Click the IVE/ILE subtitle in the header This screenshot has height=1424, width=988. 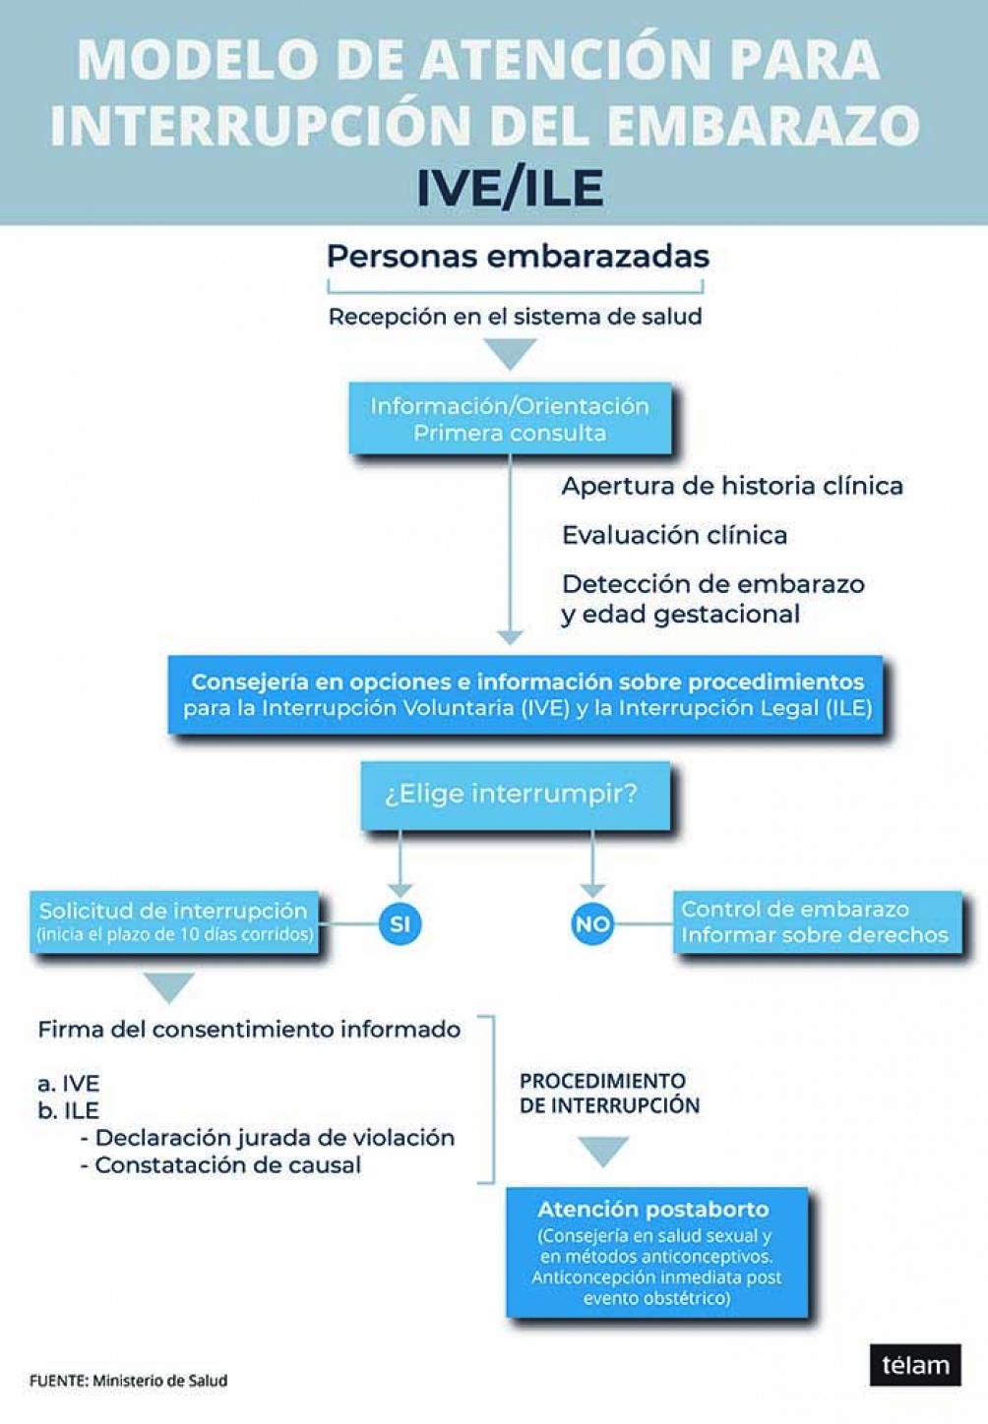point(509,188)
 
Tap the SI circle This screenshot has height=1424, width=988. point(400,923)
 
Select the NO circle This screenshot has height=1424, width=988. point(592,923)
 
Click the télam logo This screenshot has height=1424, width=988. point(914,1365)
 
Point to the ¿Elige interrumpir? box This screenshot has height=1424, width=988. point(514,795)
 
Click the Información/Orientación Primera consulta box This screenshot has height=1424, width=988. point(510,419)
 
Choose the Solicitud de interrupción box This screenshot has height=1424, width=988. point(175,921)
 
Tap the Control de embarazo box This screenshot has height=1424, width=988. point(816,921)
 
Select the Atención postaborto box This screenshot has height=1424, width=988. point(655,1252)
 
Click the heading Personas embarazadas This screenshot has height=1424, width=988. point(518,257)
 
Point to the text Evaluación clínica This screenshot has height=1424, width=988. point(674,535)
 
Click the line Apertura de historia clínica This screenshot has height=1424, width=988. point(732,486)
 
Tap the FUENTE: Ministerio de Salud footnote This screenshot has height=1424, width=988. point(128,1381)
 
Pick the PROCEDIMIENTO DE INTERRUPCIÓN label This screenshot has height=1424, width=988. point(609,1093)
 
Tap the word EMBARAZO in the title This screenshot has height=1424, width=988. point(761,125)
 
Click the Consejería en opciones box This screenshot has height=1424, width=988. point(526,694)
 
